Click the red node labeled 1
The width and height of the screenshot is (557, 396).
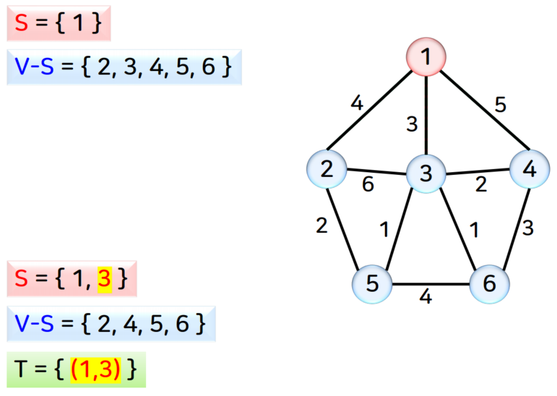tap(426, 57)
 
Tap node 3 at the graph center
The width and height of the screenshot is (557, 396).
tap(425, 174)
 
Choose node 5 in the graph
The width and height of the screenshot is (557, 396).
tap(372, 284)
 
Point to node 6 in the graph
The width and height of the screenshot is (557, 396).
tap(489, 284)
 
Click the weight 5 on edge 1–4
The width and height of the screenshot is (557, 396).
tap(500, 106)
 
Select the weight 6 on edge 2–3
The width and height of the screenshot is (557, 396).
tap(369, 185)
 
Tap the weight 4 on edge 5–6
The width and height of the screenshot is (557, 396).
tap(426, 297)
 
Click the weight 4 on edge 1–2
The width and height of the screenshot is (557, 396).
tap(356, 103)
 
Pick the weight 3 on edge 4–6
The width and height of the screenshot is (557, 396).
tap(528, 228)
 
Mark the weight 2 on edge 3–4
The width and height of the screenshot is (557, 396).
tap(481, 185)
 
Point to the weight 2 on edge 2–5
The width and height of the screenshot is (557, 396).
tap(322, 226)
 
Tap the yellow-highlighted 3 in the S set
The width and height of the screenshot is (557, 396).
tap(104, 279)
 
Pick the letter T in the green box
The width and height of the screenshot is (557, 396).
tap(22, 370)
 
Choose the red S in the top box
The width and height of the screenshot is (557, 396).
tap(22, 23)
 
